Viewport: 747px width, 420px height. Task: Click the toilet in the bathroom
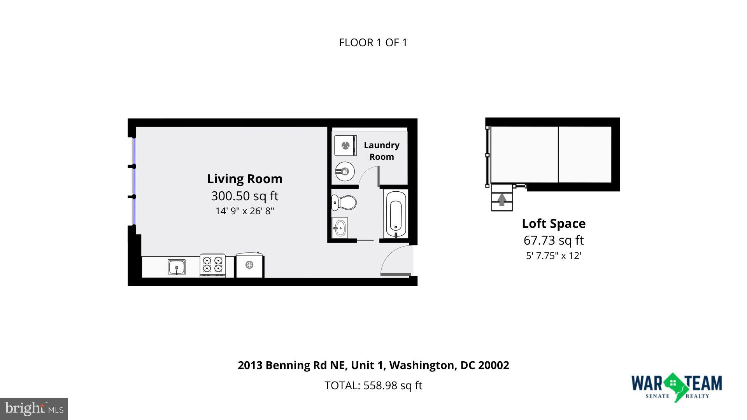click(344, 203)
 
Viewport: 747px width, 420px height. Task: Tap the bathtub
click(396, 214)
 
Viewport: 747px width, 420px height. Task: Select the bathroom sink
click(339, 227)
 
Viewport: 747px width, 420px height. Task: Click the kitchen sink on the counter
click(177, 267)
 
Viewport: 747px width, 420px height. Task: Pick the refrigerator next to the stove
click(249, 265)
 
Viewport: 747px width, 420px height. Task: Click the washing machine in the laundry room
click(345, 145)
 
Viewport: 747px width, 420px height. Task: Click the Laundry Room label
click(381, 151)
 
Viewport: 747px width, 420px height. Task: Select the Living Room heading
click(245, 179)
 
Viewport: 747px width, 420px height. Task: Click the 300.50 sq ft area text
click(245, 196)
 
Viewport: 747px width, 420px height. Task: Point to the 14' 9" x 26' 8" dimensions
click(245, 211)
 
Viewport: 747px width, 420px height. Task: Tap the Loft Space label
click(553, 224)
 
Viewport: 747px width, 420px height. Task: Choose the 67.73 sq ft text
click(553, 240)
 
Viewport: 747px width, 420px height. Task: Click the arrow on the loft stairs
click(502, 199)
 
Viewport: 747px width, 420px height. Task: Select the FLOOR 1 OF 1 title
click(373, 43)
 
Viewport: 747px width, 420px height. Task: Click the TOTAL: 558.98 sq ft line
click(373, 385)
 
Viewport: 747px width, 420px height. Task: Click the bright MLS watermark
click(34, 409)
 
